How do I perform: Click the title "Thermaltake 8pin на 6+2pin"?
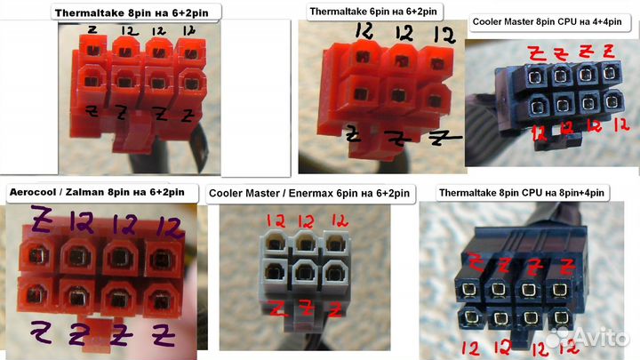tap(132, 13)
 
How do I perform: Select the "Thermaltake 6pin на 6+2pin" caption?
tap(373, 12)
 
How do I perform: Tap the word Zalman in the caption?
tap(85, 192)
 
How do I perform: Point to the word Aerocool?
tap(32, 192)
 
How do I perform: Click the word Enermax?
tap(310, 193)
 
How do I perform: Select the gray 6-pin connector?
tap(304, 273)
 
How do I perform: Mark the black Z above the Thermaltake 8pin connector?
tap(92, 29)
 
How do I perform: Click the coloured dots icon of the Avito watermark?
tap(557, 338)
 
